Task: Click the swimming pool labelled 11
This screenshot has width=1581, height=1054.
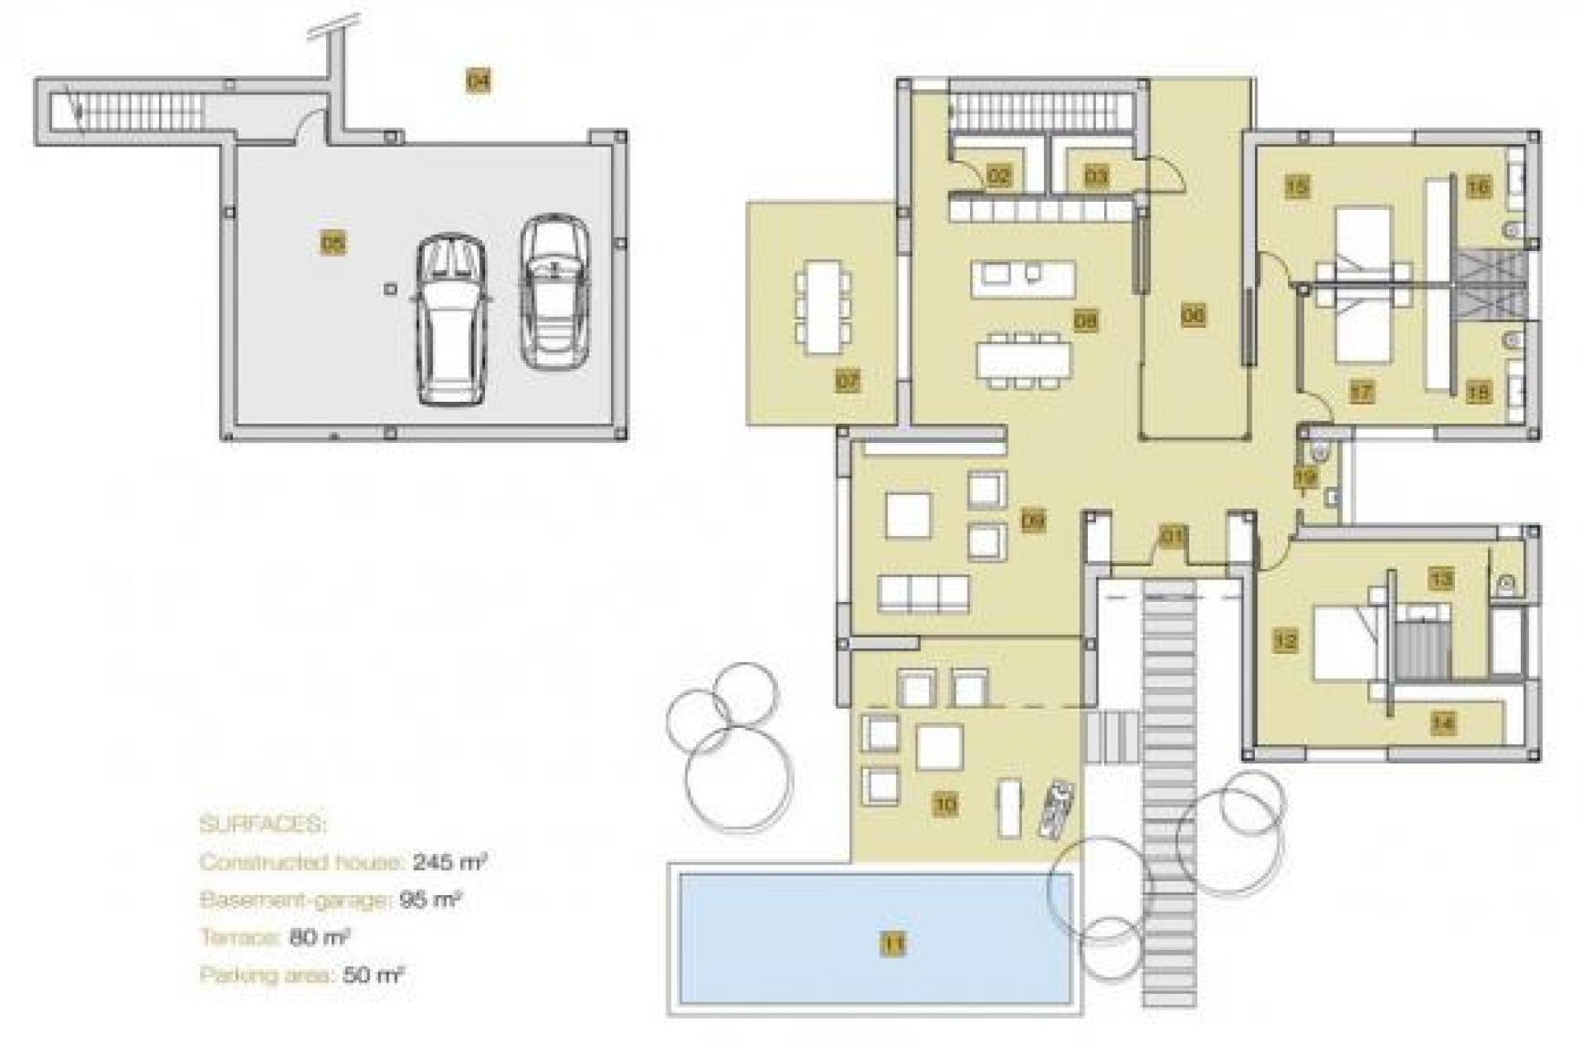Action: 873,939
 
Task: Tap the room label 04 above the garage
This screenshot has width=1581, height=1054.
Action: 478,81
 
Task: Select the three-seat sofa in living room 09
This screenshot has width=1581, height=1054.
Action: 923,594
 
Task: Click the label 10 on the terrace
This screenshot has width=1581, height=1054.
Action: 945,803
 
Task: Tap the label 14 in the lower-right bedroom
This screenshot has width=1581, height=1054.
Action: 1442,723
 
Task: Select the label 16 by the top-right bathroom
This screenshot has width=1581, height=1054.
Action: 1478,187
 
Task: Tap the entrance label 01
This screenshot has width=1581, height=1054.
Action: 1171,538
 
